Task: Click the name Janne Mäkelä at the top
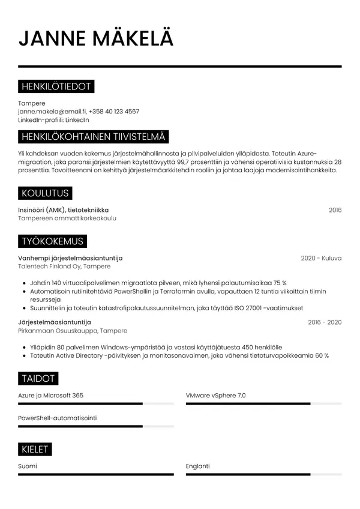[x=96, y=38]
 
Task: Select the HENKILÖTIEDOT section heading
[x=56, y=87]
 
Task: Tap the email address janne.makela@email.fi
[x=52, y=112]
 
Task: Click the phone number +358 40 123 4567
[x=114, y=112]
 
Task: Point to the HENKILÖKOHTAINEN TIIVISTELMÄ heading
[x=94, y=137]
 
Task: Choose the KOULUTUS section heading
[x=44, y=193]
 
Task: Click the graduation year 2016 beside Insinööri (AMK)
[x=335, y=210]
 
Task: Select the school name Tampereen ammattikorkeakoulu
[x=67, y=218]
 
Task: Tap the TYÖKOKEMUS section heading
[x=52, y=241]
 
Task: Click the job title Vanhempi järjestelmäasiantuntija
[x=74, y=258]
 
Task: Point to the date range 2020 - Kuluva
[x=321, y=258]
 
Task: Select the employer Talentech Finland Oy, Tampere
[x=64, y=267]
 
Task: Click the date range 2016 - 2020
[x=325, y=322]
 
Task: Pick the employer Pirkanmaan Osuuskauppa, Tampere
[x=73, y=331]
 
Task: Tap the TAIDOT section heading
[x=38, y=378]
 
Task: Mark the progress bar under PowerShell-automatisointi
[x=96, y=426]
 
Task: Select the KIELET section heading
[x=35, y=449]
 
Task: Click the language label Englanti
[x=198, y=466]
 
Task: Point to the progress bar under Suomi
[x=96, y=474]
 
